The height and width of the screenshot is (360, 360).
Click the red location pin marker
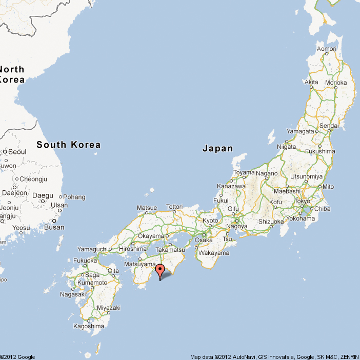pyautogui.click(x=160, y=270)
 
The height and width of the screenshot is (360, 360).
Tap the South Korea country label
pyautogui.click(x=68, y=145)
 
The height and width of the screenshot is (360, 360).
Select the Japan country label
pyautogui.click(x=217, y=149)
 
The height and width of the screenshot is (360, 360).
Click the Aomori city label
pyautogui.click(x=327, y=49)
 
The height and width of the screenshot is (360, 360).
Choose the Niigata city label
pyautogui.click(x=287, y=147)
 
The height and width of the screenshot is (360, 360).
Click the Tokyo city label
pyautogui.click(x=303, y=201)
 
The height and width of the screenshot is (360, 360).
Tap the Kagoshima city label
pyautogui.click(x=89, y=326)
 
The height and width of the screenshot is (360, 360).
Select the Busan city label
pyautogui.click(x=54, y=227)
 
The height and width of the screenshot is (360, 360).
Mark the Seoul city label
pyautogui.click(x=17, y=152)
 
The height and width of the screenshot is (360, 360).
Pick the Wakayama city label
pyautogui.click(x=213, y=253)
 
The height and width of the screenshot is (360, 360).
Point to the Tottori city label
pyautogui.click(x=174, y=207)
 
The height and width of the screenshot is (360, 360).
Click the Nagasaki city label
pyautogui.click(x=72, y=294)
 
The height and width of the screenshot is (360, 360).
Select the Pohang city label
pyautogui.click(x=75, y=197)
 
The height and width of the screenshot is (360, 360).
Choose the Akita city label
pyautogui.click(x=311, y=82)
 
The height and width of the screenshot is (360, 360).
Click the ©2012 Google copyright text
pyautogui.click(x=18, y=357)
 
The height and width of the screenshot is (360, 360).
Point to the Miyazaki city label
pyautogui.click(x=109, y=308)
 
